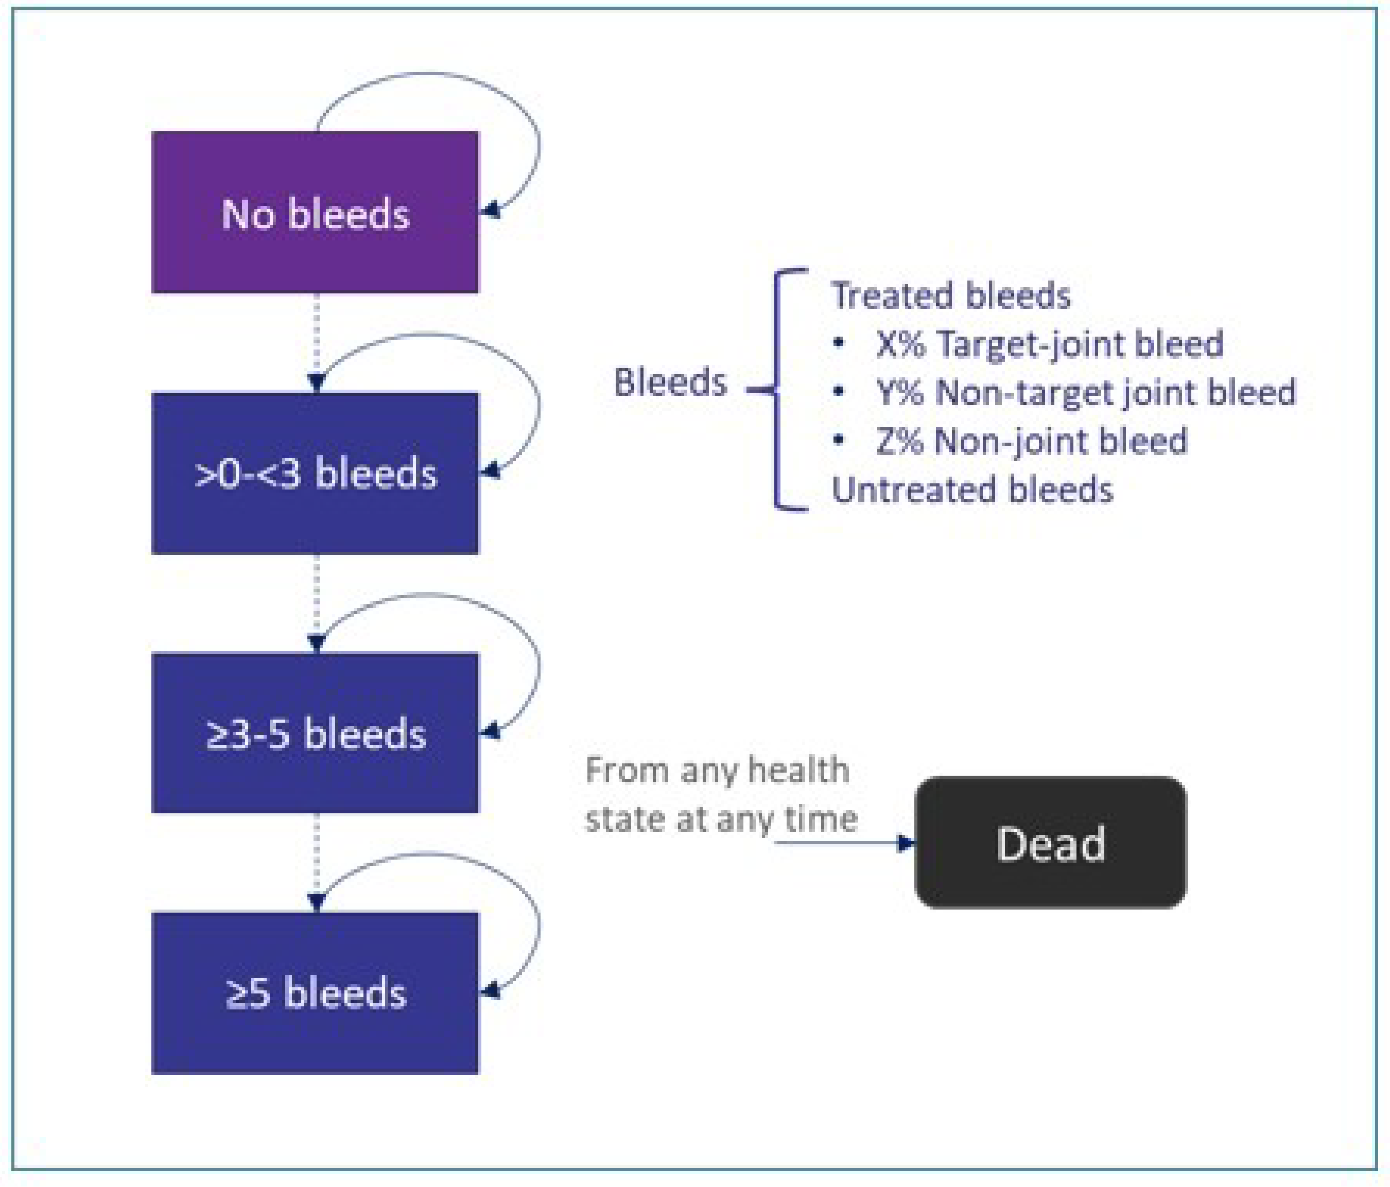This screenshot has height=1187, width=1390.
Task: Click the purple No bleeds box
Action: pos(315,212)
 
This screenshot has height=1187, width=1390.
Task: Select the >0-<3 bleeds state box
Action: pos(315,472)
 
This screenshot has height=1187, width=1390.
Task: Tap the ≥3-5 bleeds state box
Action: pos(315,732)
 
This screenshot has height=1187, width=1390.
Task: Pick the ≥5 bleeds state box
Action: pos(315,992)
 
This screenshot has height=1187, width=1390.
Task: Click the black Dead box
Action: pos(1051,842)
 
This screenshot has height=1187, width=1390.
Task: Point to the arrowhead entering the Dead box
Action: pos(907,842)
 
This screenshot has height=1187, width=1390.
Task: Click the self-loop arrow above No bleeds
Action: pos(429,74)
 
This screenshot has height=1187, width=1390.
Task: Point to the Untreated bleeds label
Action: pos(972,490)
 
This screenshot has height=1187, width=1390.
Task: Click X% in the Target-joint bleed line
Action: pos(901,343)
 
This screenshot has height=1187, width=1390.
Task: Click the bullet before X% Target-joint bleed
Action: pos(838,343)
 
